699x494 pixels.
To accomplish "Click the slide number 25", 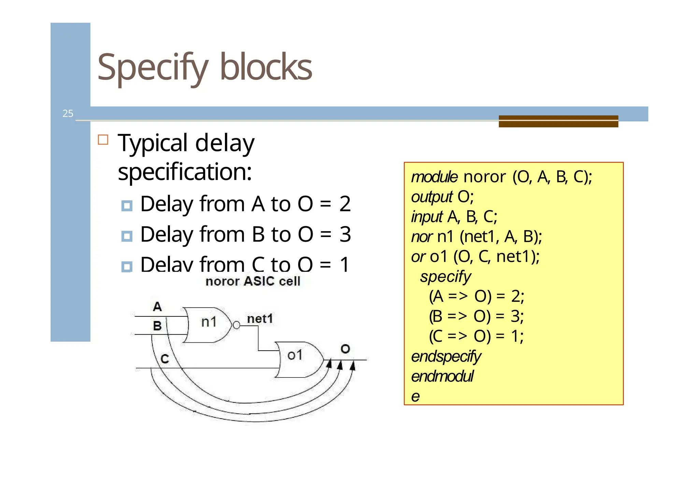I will (x=68, y=113).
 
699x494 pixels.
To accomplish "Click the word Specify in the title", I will (x=153, y=67).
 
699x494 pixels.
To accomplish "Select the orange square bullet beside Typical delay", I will (x=103, y=140).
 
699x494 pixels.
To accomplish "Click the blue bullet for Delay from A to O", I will (x=127, y=206).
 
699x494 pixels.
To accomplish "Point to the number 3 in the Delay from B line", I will (x=345, y=235).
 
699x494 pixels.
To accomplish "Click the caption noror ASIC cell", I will (x=253, y=281).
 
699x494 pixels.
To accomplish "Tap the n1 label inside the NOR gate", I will (x=209, y=322).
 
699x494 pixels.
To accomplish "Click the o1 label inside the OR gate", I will (x=295, y=355).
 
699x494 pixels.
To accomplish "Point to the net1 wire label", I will (x=260, y=319).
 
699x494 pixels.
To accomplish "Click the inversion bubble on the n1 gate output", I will (x=236, y=325).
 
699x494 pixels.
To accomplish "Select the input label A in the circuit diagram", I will (x=157, y=307).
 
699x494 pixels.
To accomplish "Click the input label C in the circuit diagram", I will (x=165, y=359).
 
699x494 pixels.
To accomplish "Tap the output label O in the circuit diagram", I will (x=345, y=349).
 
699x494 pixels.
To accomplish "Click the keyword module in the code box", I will (x=434, y=177).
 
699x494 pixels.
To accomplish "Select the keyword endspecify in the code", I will (x=446, y=357).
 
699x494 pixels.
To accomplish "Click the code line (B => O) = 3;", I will (x=476, y=316).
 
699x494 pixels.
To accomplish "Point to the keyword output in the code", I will (x=432, y=197).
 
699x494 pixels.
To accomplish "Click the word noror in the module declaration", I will (x=484, y=177).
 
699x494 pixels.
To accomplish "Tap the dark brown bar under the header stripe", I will (x=558, y=122).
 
